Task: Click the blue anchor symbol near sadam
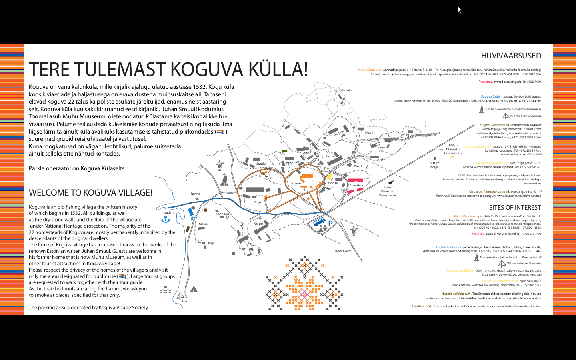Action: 166,219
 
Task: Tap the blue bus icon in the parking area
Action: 319,222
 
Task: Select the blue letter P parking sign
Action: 330,224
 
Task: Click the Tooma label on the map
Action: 296,183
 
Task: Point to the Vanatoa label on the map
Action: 356,185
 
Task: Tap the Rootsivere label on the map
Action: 343,251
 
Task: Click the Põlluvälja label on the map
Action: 345,90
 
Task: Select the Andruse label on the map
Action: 292,162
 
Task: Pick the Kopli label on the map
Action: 369,132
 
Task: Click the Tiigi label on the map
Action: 211,243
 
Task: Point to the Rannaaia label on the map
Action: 223,214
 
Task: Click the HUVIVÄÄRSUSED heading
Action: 511,56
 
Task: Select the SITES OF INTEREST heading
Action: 515,208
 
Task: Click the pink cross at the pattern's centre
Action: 304,295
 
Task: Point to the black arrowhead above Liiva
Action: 391,182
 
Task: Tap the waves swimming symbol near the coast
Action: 165,290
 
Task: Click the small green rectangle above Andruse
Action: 284,151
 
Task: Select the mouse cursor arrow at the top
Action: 460,10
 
